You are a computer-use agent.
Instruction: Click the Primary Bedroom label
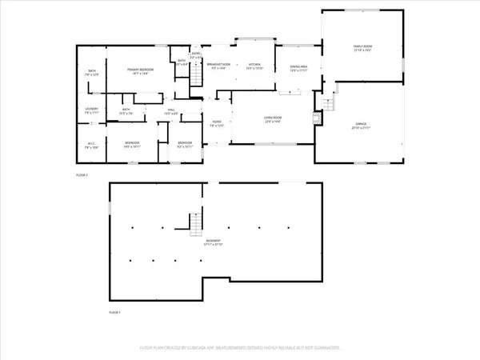[140, 71]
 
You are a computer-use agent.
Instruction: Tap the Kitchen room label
[254, 66]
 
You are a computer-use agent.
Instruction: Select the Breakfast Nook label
[219, 66]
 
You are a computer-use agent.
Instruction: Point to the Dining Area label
[299, 70]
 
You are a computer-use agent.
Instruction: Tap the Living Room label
[274, 119]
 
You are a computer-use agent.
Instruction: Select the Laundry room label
[91, 111]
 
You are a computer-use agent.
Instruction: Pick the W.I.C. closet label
[91, 146]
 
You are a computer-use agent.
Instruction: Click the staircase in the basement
[194, 223]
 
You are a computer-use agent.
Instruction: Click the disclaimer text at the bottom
[239, 349]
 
